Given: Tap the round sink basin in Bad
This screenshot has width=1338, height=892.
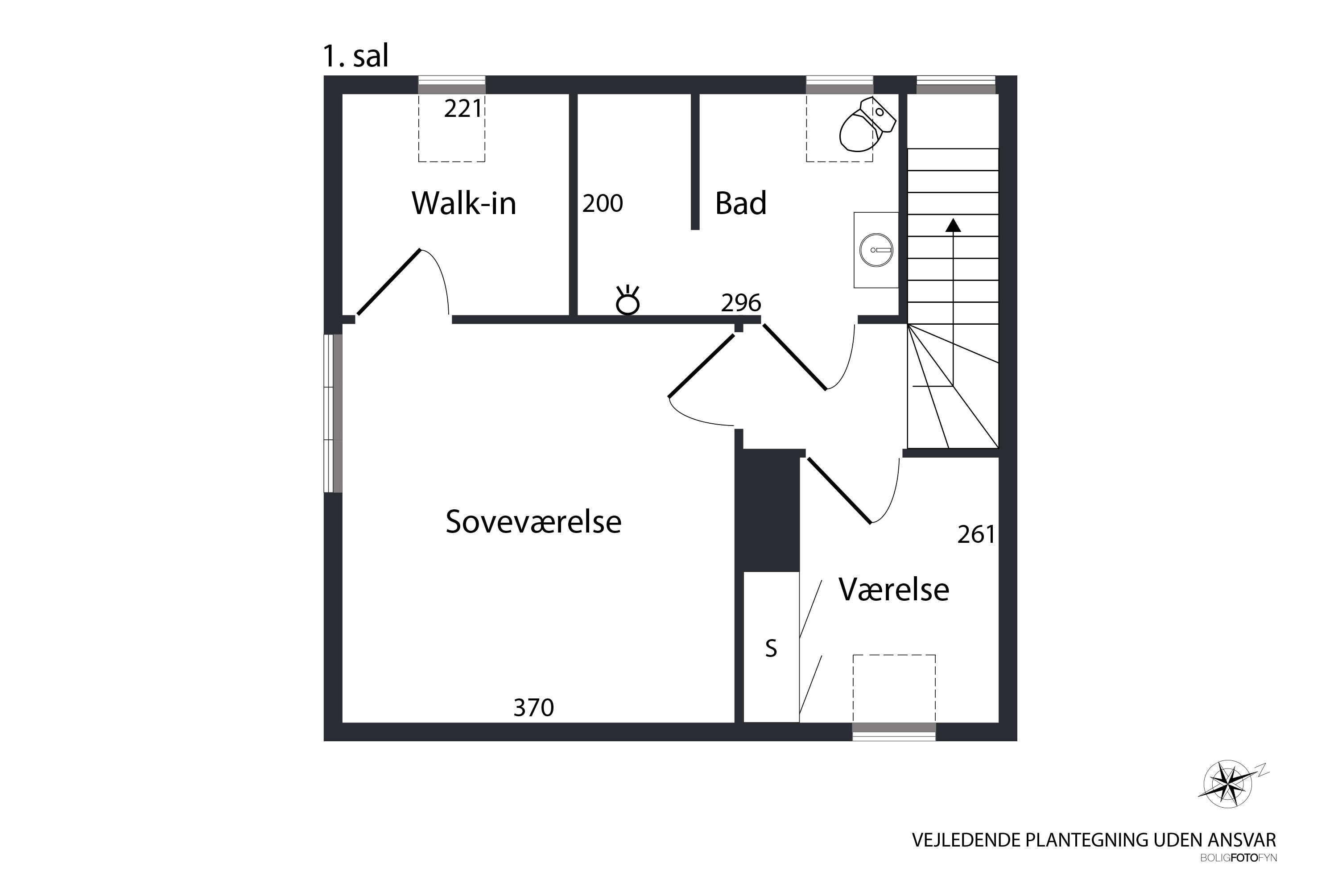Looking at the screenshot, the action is pos(876,250).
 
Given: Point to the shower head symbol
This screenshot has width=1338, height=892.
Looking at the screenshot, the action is pos(628,300).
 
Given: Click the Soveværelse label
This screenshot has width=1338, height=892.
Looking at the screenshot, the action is pos(533,522).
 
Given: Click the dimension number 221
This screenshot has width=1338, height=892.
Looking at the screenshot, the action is pos(463,109).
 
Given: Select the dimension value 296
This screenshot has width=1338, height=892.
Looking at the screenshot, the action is pos(741,303).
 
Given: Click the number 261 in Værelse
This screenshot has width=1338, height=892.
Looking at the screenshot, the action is pos(976,534).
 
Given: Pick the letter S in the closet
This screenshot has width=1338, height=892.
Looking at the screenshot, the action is pos(771,648).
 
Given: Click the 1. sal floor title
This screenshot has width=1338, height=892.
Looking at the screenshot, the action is pos(355,56).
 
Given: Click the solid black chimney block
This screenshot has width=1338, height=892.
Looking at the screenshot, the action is pos(768,510).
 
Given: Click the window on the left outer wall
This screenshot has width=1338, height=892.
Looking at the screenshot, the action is pos(333,413).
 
